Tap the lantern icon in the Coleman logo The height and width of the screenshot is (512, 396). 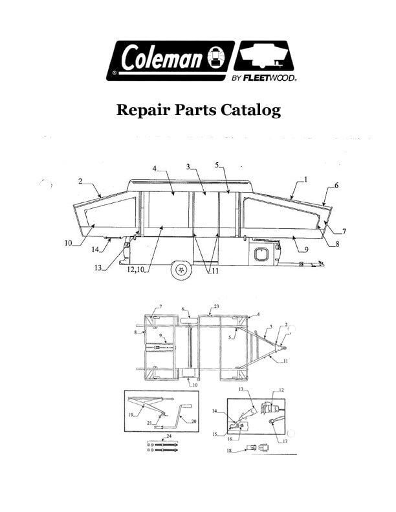coord(216,58)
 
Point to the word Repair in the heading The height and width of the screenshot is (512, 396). coord(143,110)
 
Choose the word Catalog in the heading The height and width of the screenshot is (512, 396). coord(250,111)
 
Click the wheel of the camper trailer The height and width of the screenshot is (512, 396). coord(181,270)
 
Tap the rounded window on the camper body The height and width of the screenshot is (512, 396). coord(261,254)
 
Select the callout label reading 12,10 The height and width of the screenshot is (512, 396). coord(135,270)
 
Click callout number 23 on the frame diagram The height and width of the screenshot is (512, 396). coord(216,306)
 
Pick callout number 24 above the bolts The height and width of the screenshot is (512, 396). coord(169,436)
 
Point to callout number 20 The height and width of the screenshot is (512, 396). coord(193,421)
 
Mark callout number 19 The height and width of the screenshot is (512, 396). coord(131,415)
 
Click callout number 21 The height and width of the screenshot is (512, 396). coord(149,423)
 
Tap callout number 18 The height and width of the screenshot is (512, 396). coord(229,451)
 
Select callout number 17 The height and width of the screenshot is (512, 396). coord(285,441)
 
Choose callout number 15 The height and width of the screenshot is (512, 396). coord(215,434)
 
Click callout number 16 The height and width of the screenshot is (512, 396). coord(230,439)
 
